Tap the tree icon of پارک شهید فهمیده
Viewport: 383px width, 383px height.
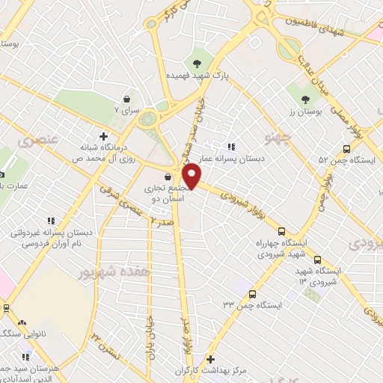coord(197,64)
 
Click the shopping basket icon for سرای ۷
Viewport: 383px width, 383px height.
coord(126,98)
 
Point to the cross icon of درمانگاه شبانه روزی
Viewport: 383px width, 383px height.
coord(114,136)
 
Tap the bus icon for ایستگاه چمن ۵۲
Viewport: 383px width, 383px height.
coord(346,148)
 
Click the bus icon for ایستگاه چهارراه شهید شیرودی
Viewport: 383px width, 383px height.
coord(281,231)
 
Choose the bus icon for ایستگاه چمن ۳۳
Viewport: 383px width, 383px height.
coord(252,294)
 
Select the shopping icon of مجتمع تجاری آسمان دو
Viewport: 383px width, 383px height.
coord(177,177)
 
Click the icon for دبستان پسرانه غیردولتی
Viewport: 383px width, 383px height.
coord(50,221)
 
